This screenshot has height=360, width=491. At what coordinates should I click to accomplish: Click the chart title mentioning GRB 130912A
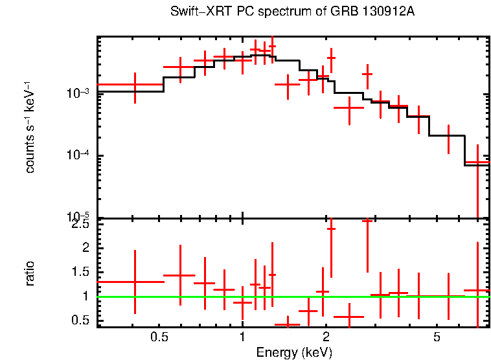click(x=291, y=12)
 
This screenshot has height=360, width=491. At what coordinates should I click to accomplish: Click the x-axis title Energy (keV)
click(x=293, y=353)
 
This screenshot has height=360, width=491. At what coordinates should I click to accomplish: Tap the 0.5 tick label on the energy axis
click(x=159, y=337)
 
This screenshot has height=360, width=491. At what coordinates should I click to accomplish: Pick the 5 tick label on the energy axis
click(x=437, y=337)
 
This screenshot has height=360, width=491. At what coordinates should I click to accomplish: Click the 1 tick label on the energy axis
click(x=242, y=337)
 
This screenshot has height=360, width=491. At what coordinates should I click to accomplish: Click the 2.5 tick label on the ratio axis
click(x=80, y=225)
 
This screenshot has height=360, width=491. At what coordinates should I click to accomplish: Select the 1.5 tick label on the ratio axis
click(x=80, y=272)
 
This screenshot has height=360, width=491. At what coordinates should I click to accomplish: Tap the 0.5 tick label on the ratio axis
click(x=80, y=320)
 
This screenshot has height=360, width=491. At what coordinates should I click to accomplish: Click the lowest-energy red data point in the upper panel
click(x=135, y=85)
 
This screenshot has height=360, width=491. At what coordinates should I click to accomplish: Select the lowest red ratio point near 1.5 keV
click(x=287, y=324)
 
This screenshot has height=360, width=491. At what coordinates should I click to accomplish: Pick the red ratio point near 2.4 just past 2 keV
click(x=331, y=229)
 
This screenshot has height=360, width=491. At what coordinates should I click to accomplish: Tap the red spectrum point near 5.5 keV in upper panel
click(x=448, y=135)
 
